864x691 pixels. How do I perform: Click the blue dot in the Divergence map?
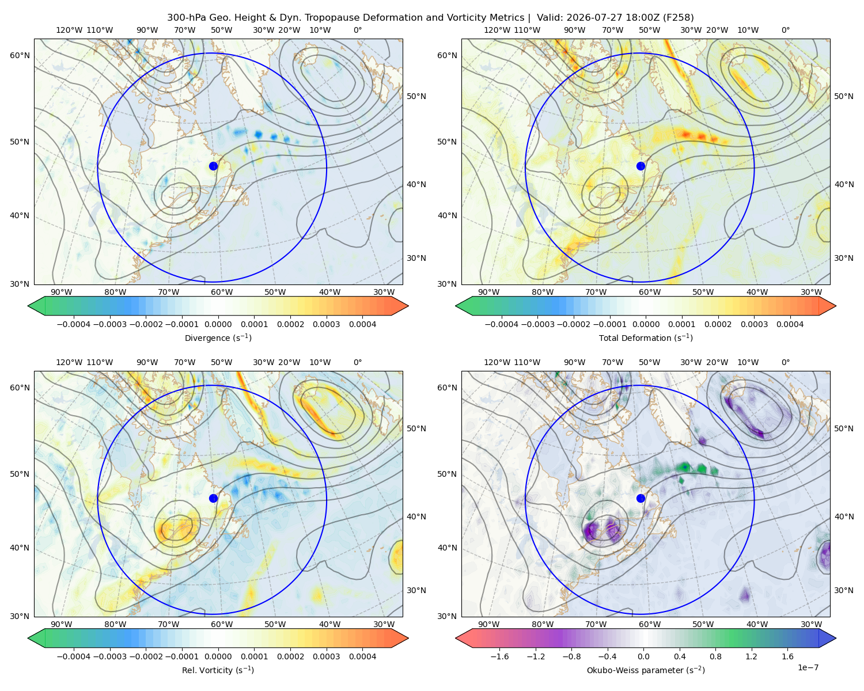(x=213, y=166)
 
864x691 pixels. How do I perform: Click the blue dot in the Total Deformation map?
(x=641, y=166)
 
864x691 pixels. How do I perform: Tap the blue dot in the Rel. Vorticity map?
(x=213, y=498)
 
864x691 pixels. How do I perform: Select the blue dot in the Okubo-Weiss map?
(x=641, y=498)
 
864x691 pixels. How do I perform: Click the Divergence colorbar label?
(x=218, y=337)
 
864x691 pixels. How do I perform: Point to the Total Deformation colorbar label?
(x=646, y=337)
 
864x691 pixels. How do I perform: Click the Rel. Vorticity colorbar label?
(x=218, y=670)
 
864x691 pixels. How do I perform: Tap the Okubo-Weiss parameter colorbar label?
(x=646, y=670)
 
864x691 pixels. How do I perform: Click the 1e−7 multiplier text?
(x=808, y=667)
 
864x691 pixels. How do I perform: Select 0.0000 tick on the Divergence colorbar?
(x=218, y=324)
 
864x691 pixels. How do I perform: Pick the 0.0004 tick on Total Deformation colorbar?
(x=790, y=324)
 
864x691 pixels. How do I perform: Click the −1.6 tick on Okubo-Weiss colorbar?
(x=499, y=656)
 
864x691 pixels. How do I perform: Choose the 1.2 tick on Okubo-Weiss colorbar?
(x=751, y=656)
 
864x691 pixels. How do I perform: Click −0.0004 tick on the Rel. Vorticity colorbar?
(x=74, y=656)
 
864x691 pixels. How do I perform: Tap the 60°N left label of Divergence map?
(x=20, y=55)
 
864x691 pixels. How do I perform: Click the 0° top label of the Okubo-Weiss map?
(x=785, y=362)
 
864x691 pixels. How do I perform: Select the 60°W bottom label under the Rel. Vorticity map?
(x=222, y=624)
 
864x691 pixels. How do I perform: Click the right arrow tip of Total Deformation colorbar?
(x=836, y=306)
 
